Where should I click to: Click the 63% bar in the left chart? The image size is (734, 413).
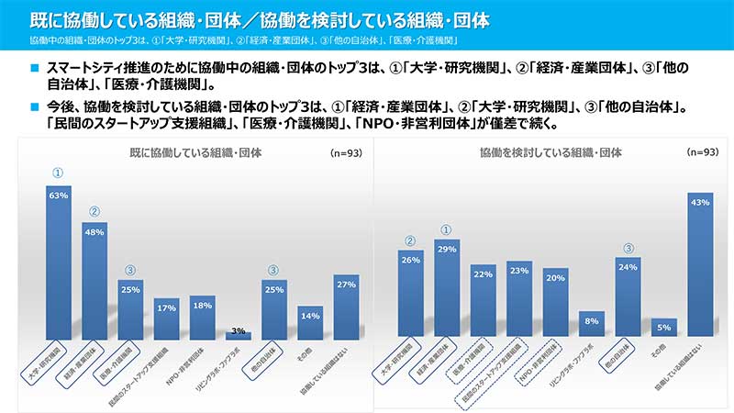tap(59, 262)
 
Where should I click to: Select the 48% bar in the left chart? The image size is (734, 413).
tap(95, 281)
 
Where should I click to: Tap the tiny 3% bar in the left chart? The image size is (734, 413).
tap(239, 336)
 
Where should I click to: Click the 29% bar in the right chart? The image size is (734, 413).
tap(447, 289)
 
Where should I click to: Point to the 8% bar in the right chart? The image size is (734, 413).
tap(592, 326)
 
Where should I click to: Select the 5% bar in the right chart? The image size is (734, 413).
tap(664, 329)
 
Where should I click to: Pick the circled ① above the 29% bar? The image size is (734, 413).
tap(447, 230)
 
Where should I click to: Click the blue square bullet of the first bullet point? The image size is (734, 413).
tap(34, 68)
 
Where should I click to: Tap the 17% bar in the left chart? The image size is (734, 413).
tap(166, 318)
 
